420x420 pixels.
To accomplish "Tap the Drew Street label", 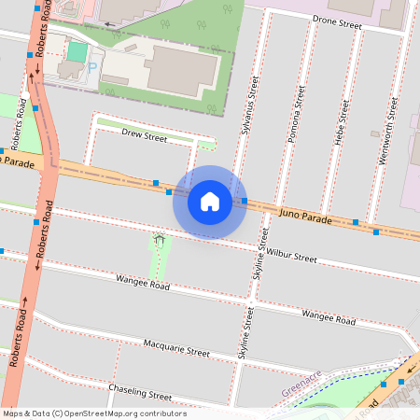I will [x=144, y=137].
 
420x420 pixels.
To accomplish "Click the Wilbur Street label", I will [x=291, y=253].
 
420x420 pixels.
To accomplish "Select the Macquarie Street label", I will [x=176, y=350].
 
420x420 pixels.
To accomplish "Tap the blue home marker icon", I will [x=210, y=201].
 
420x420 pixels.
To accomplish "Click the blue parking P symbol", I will [x=92, y=68].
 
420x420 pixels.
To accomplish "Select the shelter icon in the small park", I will [x=160, y=242].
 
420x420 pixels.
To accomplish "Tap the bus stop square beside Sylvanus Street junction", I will [x=244, y=201].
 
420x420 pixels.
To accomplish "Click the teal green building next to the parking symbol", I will [x=77, y=51].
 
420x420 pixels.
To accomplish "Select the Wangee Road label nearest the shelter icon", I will [x=143, y=282].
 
